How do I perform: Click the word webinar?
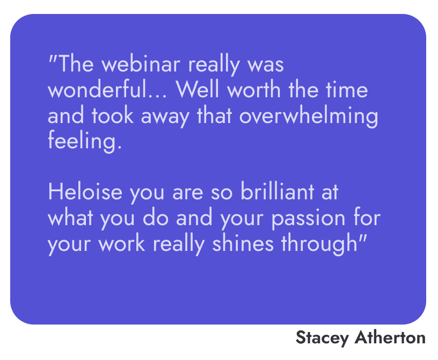(141, 63)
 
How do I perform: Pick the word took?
(113, 115)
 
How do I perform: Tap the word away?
(165, 118)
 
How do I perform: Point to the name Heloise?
(85, 192)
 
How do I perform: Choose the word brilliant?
(278, 192)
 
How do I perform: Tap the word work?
(122, 243)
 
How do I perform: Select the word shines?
(243, 243)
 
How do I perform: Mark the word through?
(319, 245)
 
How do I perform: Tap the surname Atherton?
(390, 337)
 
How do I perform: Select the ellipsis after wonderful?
(158, 96)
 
